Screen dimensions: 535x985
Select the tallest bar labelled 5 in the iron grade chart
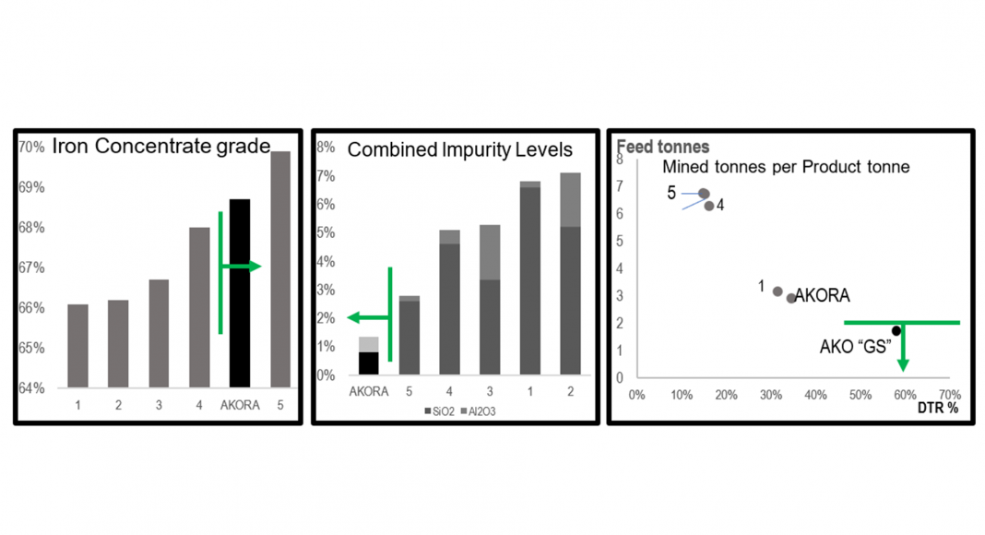click(279, 268)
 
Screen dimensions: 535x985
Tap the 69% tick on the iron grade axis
click(31, 187)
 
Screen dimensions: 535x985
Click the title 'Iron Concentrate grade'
click(160, 146)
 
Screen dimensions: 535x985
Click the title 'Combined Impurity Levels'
click(459, 149)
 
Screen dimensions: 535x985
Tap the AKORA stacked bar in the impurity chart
click(368, 357)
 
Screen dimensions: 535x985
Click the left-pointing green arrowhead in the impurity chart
click(352, 317)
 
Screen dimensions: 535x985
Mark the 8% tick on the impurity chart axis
click(324, 147)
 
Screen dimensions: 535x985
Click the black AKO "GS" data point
click(896, 330)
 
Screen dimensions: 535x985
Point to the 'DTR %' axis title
click(939, 408)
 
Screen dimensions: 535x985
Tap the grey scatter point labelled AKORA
click(791, 298)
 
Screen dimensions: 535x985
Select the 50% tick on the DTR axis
click(860, 394)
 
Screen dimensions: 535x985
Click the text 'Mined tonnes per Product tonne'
click(786, 168)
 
